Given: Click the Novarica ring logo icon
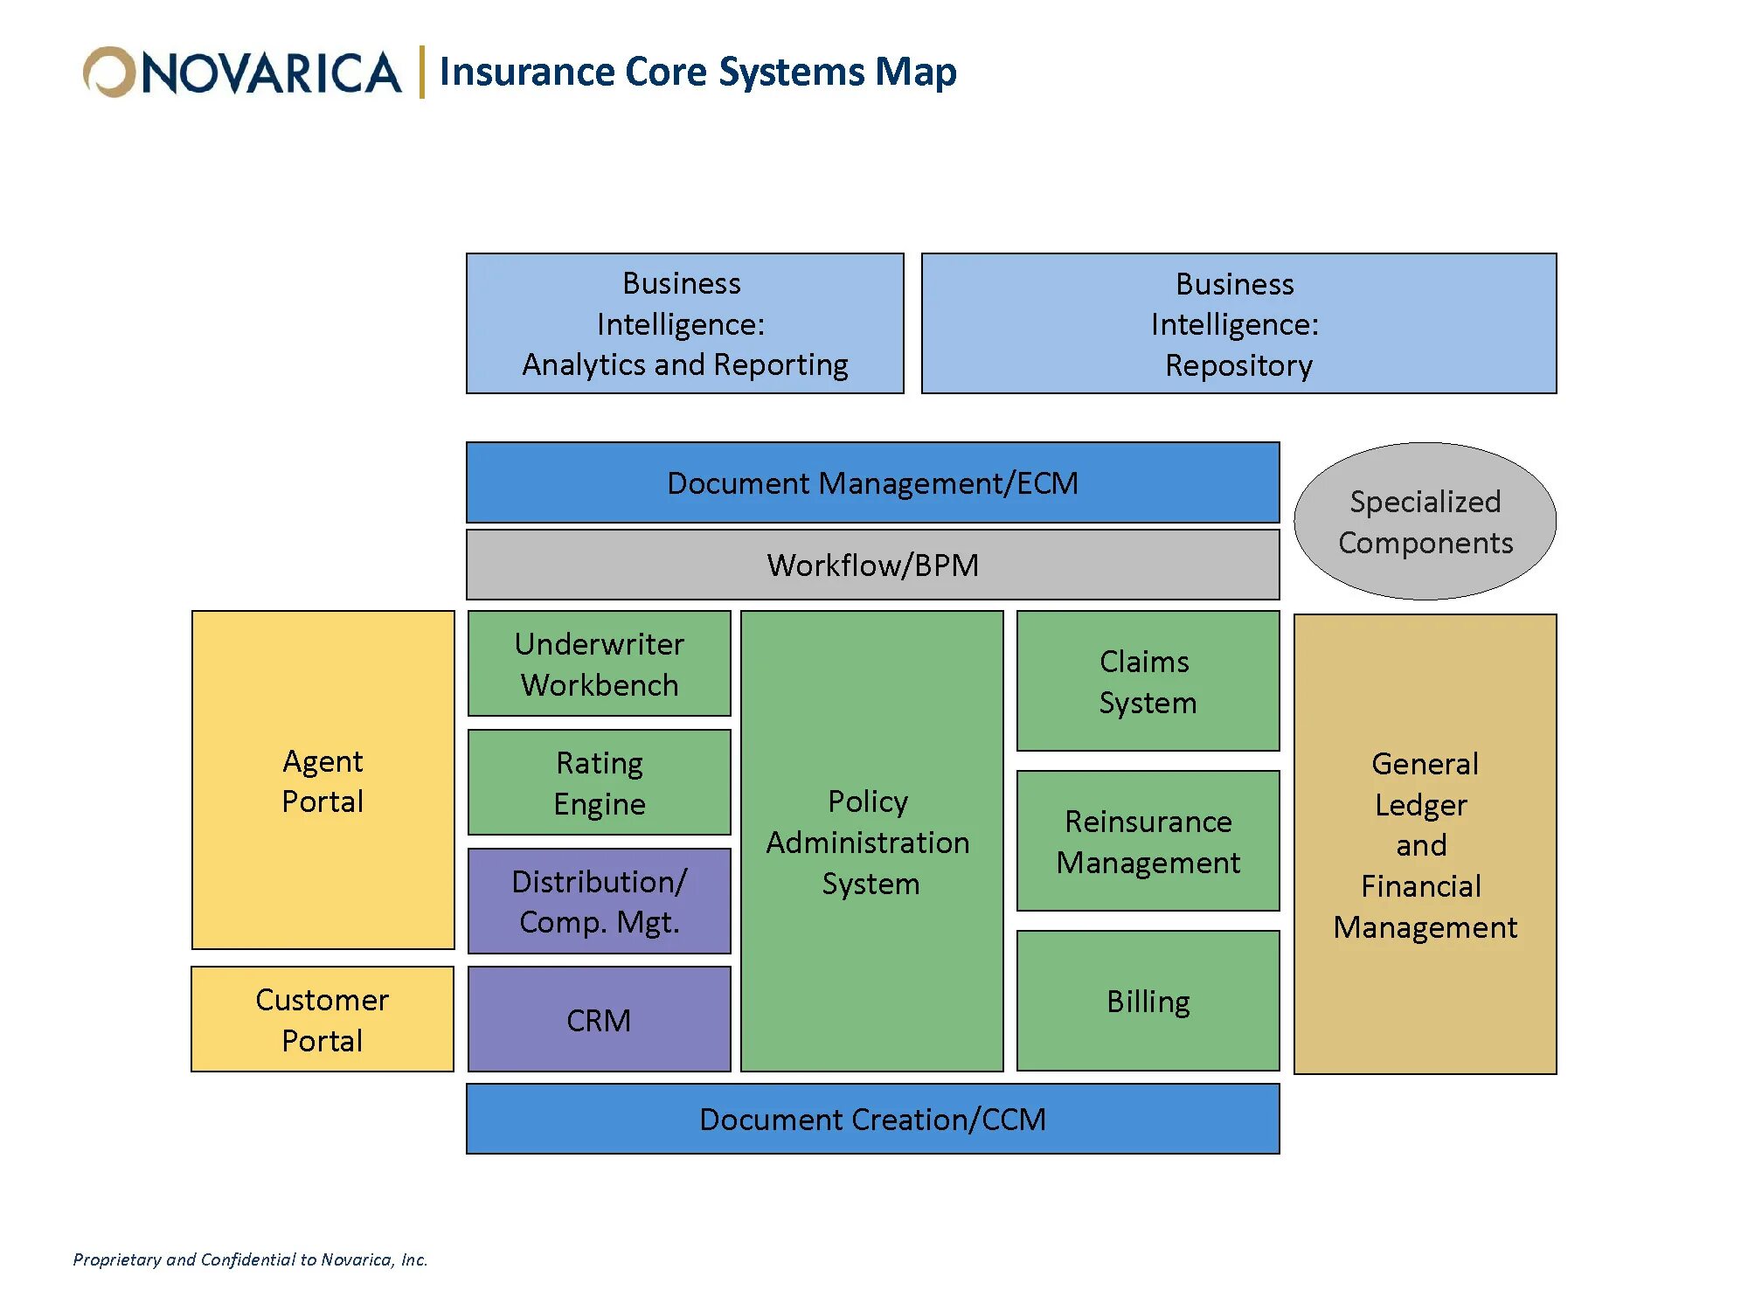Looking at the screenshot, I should [x=108, y=72].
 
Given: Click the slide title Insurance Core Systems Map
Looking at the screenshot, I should [x=697, y=72].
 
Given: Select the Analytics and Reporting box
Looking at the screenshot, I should [x=684, y=323].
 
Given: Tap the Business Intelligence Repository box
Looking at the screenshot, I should [x=1238, y=323].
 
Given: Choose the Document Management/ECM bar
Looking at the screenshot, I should [x=872, y=482].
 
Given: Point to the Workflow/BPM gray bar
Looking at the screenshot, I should [x=872, y=565].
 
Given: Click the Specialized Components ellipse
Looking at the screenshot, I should [x=1425, y=522].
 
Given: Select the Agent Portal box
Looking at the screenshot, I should [x=323, y=780].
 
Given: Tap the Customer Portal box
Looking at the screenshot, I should [x=322, y=1019].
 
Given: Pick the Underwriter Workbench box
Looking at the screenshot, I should [x=599, y=663].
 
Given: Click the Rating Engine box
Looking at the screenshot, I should [x=599, y=782].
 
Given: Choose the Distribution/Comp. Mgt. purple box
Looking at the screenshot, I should [x=599, y=901].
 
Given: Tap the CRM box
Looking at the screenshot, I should [x=599, y=1019].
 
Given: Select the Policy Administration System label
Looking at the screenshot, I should [x=869, y=842].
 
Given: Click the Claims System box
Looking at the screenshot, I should [x=1148, y=681].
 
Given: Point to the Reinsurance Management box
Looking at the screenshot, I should [x=1148, y=841].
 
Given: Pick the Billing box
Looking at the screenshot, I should [x=1148, y=1001].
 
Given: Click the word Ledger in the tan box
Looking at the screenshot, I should [x=1420, y=805].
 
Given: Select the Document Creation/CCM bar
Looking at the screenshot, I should [x=872, y=1119].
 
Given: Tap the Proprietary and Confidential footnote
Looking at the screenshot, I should [x=250, y=1259].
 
